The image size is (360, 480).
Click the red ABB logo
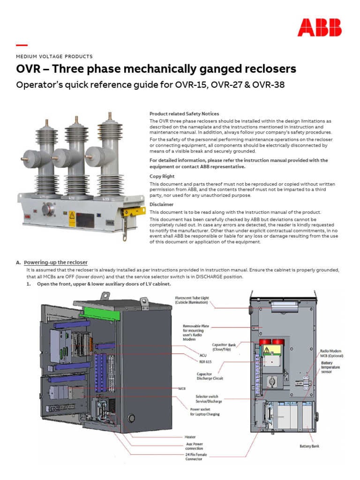point(319,28)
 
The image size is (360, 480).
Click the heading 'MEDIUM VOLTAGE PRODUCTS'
point(54,56)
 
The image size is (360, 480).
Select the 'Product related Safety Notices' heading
point(184,114)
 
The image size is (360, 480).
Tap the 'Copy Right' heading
point(162,177)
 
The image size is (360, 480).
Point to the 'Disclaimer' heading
point(161,204)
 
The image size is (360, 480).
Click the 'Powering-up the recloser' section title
point(56,262)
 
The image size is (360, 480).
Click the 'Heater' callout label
point(190,437)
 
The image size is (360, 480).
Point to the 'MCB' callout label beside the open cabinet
point(182,389)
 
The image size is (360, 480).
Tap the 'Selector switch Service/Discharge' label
point(209,399)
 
